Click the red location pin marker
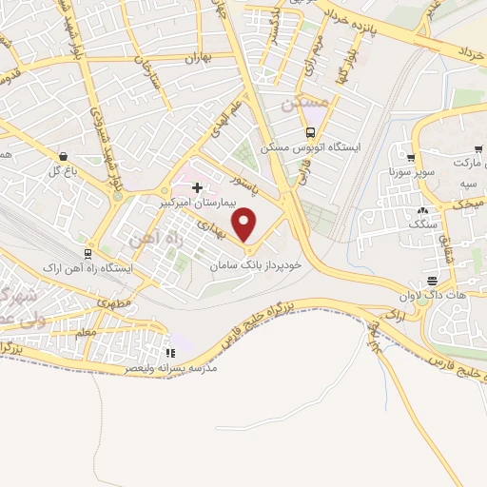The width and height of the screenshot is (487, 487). click(x=245, y=224)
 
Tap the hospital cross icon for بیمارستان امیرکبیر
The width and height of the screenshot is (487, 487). click(x=197, y=187)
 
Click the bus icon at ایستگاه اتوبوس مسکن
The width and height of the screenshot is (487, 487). click(x=311, y=132)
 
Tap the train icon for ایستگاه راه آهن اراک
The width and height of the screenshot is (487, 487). click(x=88, y=254)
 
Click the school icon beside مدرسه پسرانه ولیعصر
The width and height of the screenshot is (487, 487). click(x=170, y=351)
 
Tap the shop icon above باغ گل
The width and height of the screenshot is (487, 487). click(x=63, y=156)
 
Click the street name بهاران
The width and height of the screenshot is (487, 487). click(x=196, y=58)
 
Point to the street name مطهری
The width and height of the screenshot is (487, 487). click(x=113, y=304)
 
